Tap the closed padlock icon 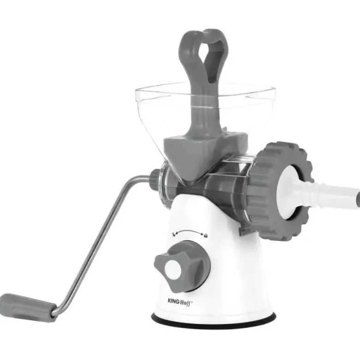tap(205, 235)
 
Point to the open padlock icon tap(174, 234)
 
